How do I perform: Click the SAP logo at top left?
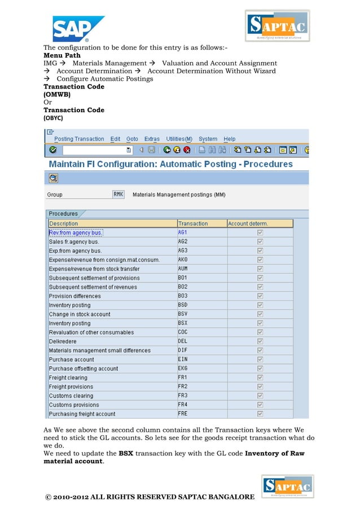pyautogui.click(x=78, y=29)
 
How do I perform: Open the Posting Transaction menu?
pyautogui.click(x=79, y=139)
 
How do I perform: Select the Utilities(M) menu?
pyautogui.click(x=179, y=139)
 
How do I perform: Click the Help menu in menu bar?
pyautogui.click(x=230, y=139)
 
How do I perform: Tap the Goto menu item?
pyautogui.click(x=132, y=139)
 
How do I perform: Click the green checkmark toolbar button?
pyautogui.click(x=52, y=150)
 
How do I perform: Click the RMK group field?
pyautogui.click(x=118, y=194)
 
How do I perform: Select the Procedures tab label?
pyautogui.click(x=63, y=214)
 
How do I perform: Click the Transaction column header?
pyautogui.click(x=193, y=223)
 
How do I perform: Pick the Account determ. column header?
pyautogui.click(x=248, y=223)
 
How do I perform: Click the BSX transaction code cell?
pyautogui.click(x=183, y=323)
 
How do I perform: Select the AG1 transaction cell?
pyautogui.click(x=183, y=232)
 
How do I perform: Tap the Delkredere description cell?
pyautogui.click(x=63, y=341)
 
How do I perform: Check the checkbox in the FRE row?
pyautogui.click(x=260, y=414)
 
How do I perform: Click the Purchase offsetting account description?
pyautogui.click(x=84, y=368)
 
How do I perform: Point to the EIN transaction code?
pyautogui.click(x=183, y=359)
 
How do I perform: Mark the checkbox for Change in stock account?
pyautogui.click(x=260, y=314)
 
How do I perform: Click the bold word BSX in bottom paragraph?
pyautogui.click(x=126, y=453)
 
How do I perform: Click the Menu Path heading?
pyautogui.click(x=62, y=55)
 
